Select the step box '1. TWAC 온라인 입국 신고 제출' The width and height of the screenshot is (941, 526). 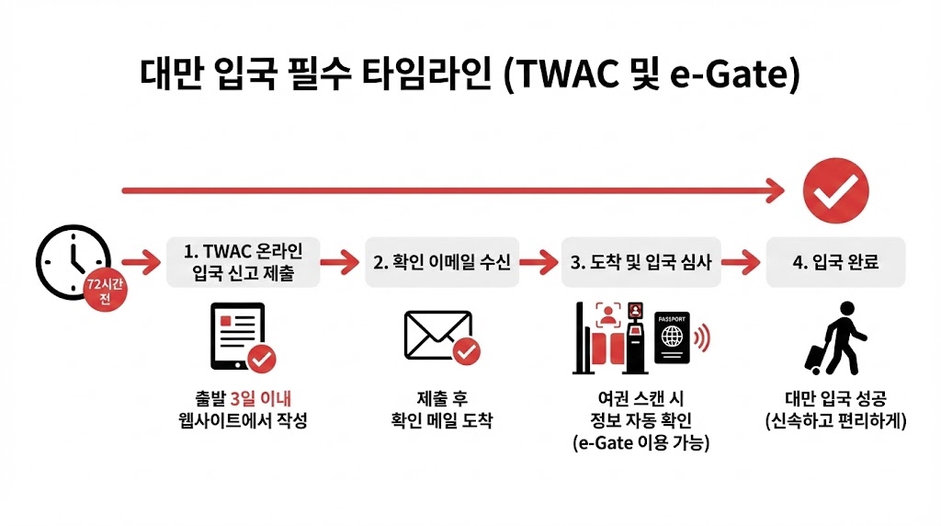pyautogui.click(x=244, y=261)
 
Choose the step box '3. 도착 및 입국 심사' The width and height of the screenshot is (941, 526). pyautogui.click(x=641, y=261)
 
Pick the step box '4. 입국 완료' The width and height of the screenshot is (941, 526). pyautogui.click(x=835, y=261)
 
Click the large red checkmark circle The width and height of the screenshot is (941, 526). pyautogui.click(x=835, y=190)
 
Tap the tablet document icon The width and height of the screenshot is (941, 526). pyautogui.click(x=238, y=336)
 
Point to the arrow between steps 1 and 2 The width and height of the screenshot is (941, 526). pyautogui.click(x=339, y=262)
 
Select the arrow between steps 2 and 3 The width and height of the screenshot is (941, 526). pyautogui.click(x=541, y=262)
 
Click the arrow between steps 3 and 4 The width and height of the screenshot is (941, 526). pyautogui.click(x=743, y=262)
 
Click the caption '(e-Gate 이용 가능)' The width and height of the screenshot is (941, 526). pyautogui.click(x=641, y=442)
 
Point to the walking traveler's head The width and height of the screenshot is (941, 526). pyautogui.click(x=844, y=311)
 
